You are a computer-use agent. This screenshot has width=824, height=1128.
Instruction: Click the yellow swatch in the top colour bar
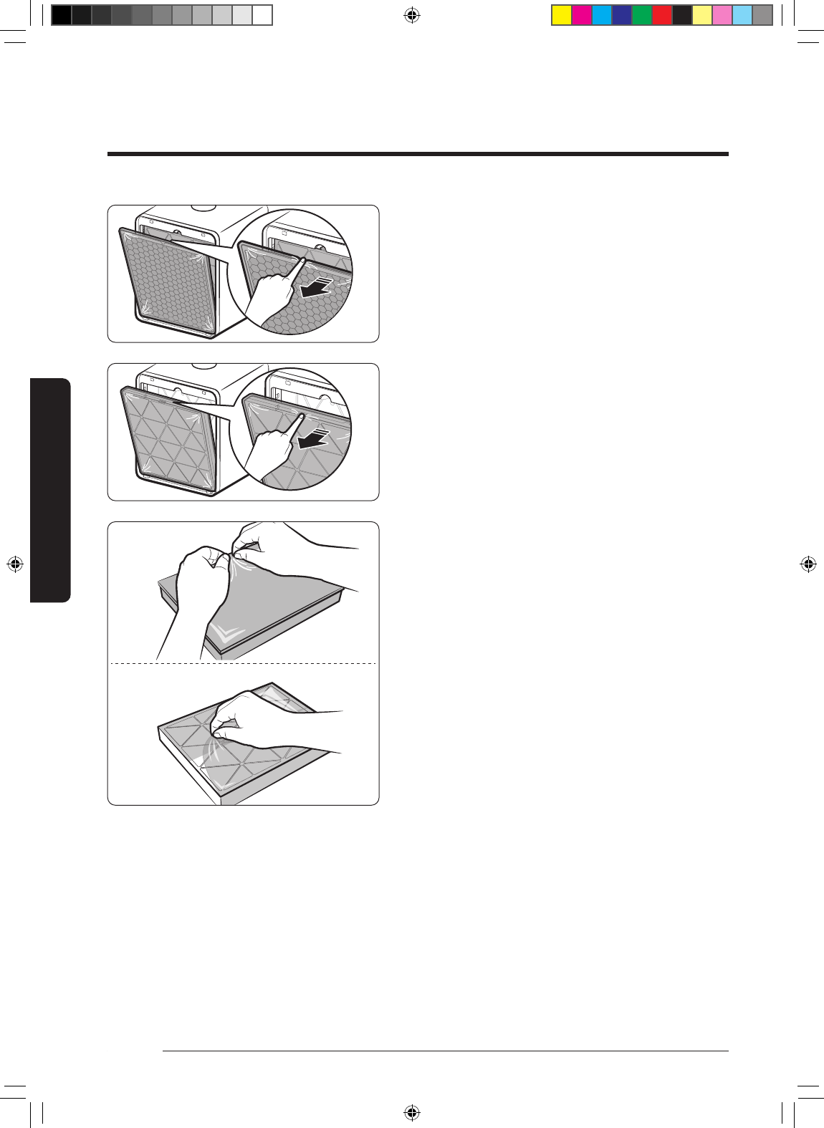pos(562,15)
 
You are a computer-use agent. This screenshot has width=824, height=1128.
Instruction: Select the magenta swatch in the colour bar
pos(582,15)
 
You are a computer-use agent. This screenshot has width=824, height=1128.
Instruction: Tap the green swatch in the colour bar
pos(642,15)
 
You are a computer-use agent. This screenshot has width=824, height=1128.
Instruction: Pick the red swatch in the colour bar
pos(662,15)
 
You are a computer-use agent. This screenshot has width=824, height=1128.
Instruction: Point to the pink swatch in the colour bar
pos(722,15)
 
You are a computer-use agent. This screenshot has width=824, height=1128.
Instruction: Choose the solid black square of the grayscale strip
pos(62,15)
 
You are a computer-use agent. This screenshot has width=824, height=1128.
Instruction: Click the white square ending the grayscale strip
pos(262,15)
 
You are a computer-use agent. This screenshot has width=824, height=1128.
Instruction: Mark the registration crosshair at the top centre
pos(411,15)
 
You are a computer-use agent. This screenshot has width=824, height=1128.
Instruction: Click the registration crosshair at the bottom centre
pos(411,1112)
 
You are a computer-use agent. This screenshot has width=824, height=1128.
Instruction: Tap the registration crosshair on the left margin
pos(15,564)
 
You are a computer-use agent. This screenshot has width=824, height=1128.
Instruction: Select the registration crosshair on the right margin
pos(808,564)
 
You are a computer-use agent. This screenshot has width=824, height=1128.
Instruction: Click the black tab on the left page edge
pos(50,491)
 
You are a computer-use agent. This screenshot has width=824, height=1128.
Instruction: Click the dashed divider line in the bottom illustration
pos(243,663)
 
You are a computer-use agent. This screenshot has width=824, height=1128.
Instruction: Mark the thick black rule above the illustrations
pos(418,154)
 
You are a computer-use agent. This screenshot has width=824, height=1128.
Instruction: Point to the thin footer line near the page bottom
pos(445,1051)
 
